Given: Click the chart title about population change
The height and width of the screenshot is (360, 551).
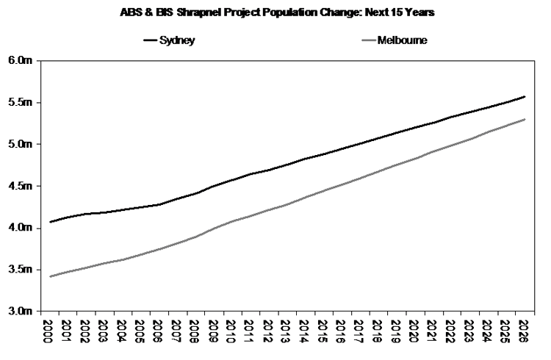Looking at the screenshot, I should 275,12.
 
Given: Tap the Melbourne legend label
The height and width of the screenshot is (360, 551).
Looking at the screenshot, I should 402,40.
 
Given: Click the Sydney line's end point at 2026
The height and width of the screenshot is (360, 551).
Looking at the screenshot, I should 524,96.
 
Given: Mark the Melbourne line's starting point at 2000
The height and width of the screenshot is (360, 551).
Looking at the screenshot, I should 50,276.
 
